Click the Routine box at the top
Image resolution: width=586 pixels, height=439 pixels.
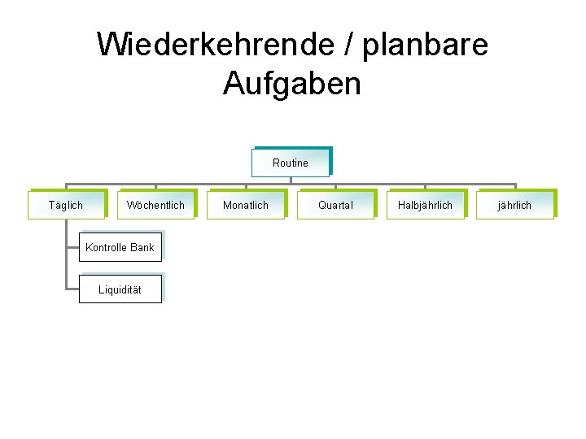pyautogui.click(x=291, y=163)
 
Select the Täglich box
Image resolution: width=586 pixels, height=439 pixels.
pyautogui.click(x=66, y=205)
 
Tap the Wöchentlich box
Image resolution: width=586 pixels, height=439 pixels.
pyautogui.click(x=155, y=205)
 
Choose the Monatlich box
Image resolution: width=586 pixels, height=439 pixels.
pyautogui.click(x=246, y=205)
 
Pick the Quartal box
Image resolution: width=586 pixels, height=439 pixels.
pyautogui.click(x=335, y=205)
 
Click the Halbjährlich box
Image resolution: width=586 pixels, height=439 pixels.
pyautogui.click(x=425, y=205)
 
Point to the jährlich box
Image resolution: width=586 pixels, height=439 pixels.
pyautogui.click(x=514, y=205)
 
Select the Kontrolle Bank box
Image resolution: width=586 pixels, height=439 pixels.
pyautogui.click(x=120, y=247)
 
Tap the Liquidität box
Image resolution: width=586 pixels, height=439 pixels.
pyautogui.click(x=120, y=289)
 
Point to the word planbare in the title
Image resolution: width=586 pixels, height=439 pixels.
pyautogui.click(x=425, y=44)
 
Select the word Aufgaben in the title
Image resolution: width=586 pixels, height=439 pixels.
pyautogui.click(x=291, y=83)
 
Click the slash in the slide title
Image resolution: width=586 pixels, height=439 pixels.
pyautogui.click(x=345, y=44)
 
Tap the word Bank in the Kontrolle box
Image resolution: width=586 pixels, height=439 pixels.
pyautogui.click(x=141, y=247)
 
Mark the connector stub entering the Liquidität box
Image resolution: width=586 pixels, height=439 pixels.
pyautogui.click(x=72, y=289)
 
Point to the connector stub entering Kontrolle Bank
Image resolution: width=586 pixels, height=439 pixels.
pyautogui.click(x=72, y=246)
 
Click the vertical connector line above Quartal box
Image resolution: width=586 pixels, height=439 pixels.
pyautogui.click(x=335, y=186)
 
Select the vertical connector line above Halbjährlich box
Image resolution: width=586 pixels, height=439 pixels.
pyautogui.click(x=425, y=186)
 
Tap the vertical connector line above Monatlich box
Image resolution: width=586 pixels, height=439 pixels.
pyautogui.click(x=246, y=186)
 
